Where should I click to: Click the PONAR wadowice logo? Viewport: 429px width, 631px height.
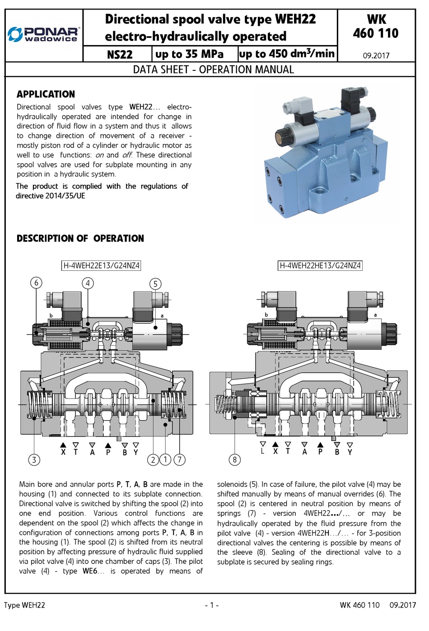point(44,34)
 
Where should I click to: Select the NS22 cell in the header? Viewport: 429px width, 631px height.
point(120,55)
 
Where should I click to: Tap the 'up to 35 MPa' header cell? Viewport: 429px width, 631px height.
point(189,54)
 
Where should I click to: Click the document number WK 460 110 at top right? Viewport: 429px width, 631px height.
point(376,27)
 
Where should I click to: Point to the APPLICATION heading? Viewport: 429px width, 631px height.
point(46,94)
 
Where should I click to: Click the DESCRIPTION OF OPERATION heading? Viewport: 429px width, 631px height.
point(80,238)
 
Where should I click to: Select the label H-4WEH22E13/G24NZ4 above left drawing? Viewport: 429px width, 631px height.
point(101,265)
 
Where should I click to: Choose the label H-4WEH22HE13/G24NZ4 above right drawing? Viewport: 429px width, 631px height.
point(320,265)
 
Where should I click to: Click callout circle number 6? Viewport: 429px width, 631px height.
point(36,283)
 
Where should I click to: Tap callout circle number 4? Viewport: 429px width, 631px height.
point(88,283)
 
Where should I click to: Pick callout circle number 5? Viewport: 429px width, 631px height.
point(155,284)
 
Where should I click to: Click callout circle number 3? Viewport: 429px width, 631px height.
point(34,459)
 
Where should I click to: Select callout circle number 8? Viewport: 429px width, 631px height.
point(234,459)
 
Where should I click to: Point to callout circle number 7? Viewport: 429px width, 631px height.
point(179,459)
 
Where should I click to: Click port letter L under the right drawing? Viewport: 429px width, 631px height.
point(262,451)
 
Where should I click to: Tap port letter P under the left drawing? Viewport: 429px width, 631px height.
point(108,452)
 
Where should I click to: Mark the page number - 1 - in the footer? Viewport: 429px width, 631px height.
point(211,605)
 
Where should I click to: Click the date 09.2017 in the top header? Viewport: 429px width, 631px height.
point(376,56)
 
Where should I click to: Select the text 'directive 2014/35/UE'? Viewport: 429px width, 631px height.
point(51,196)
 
